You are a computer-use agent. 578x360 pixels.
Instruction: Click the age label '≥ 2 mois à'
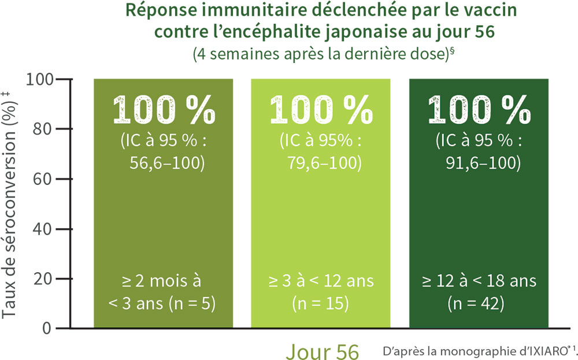pos(164,282)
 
